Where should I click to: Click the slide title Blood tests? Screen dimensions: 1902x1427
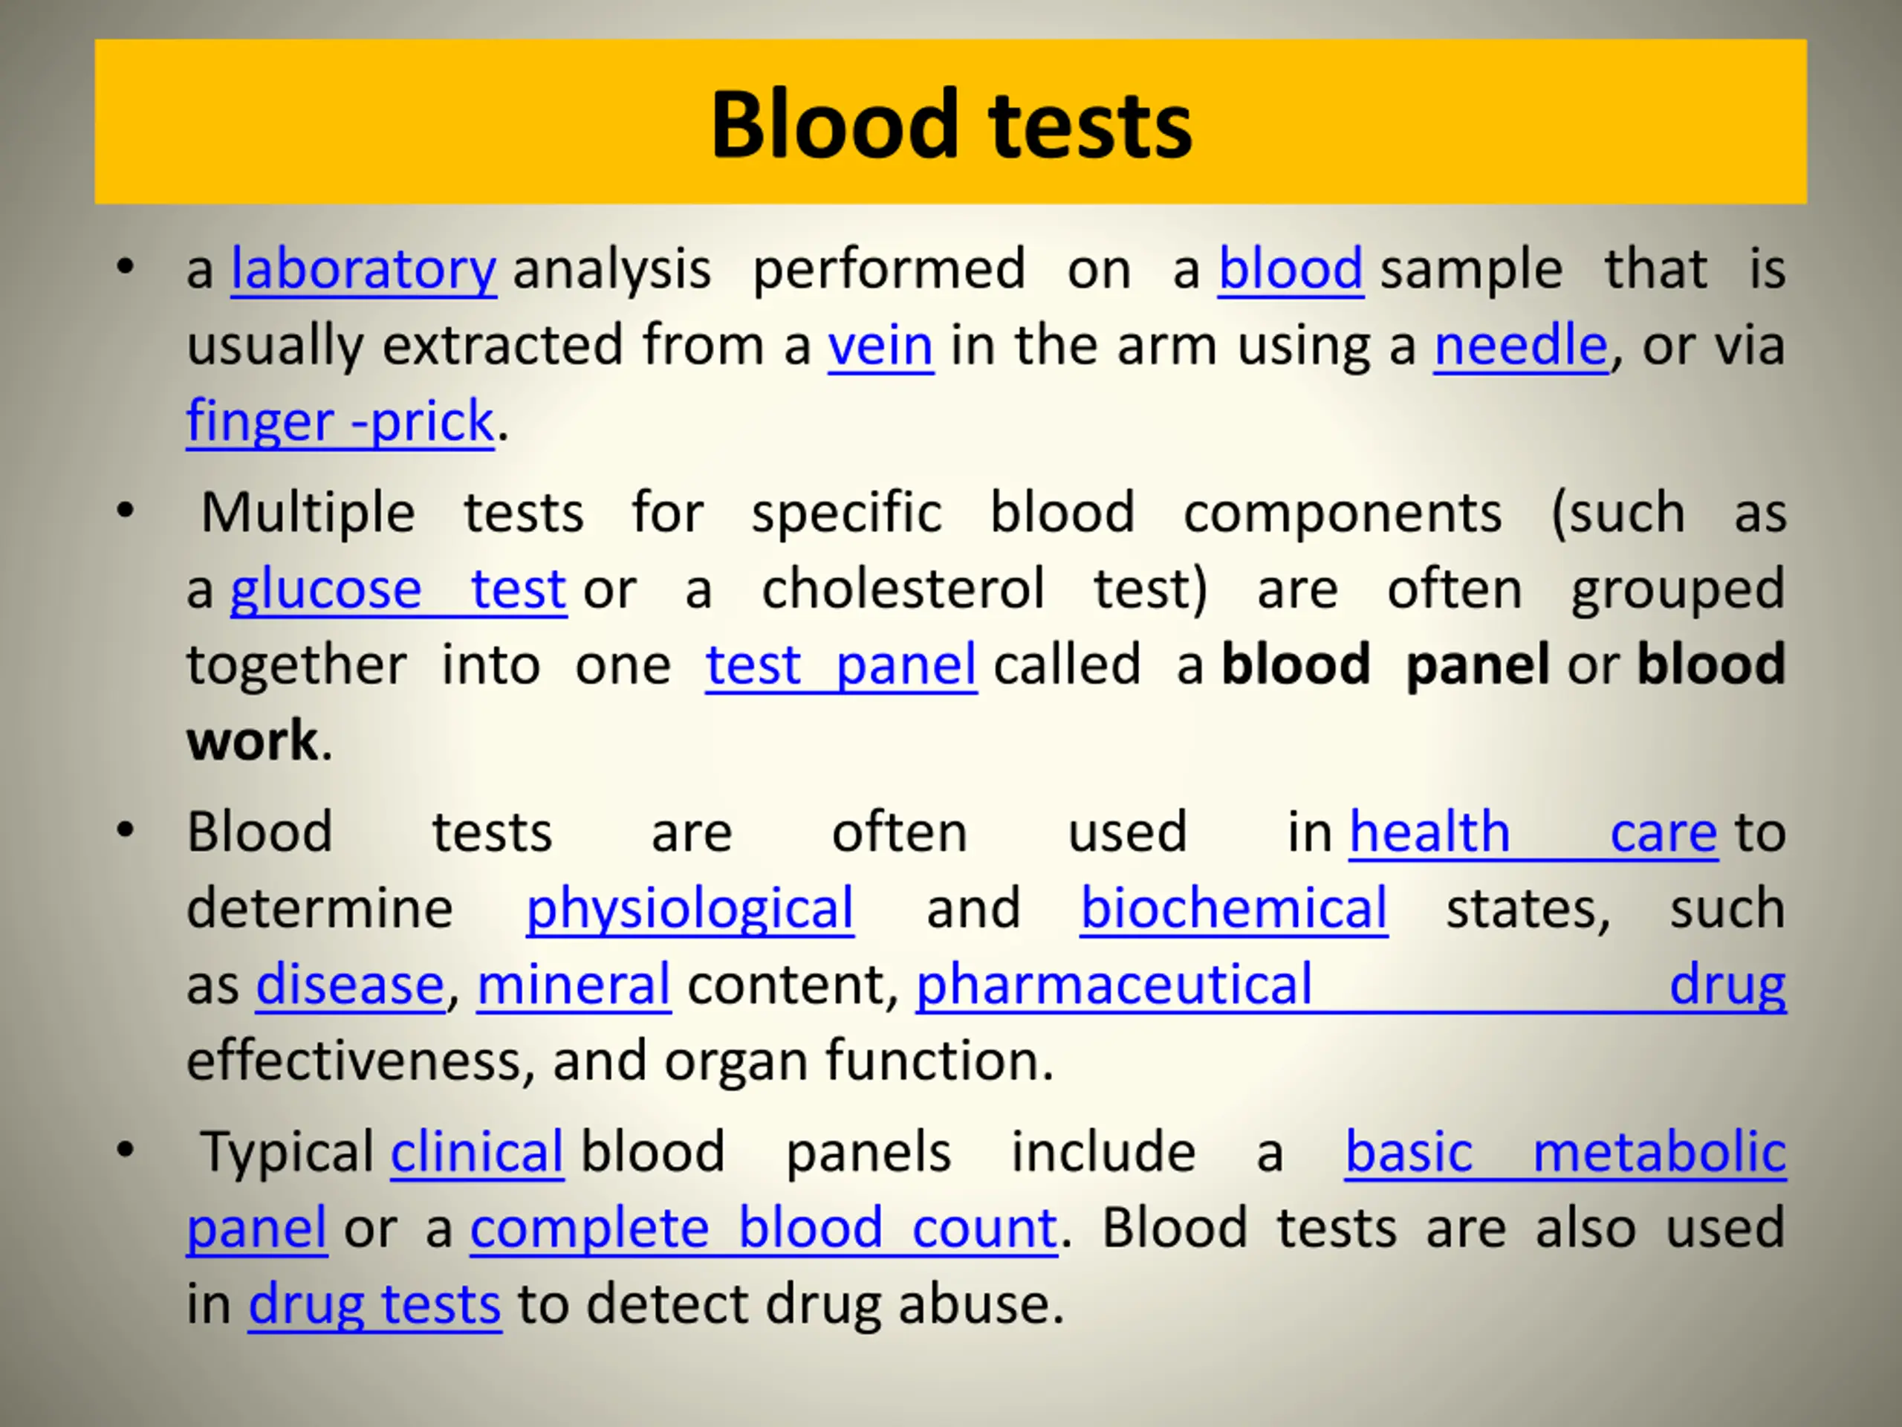tap(950, 125)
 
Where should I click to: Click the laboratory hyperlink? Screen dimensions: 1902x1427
tap(364, 269)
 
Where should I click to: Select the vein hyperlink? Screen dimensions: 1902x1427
tap(880, 345)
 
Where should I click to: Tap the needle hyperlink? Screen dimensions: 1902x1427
tap(1520, 345)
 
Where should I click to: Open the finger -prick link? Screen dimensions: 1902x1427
tap(340, 421)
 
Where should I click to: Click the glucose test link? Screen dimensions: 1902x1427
tap(398, 589)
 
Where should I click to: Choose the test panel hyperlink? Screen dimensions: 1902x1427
tap(841, 665)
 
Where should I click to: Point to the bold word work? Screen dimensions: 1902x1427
tap(253, 740)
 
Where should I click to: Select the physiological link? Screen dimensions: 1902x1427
tap(689, 908)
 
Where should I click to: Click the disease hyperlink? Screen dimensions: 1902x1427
tap(350, 984)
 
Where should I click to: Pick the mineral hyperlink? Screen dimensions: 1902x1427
tap(574, 984)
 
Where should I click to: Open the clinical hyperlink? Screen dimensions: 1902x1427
tap(477, 1152)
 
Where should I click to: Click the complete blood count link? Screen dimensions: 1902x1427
tap(764, 1228)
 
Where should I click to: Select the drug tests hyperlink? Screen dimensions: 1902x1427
tap(375, 1304)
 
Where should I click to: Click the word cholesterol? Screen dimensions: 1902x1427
tap(903, 589)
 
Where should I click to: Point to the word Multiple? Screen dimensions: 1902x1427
tap(308, 514)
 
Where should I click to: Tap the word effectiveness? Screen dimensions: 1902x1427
tap(355, 1060)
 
